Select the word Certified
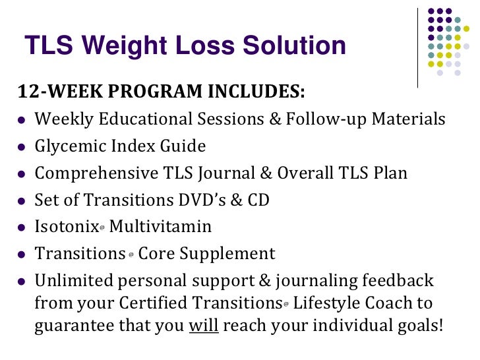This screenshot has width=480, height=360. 158,303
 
